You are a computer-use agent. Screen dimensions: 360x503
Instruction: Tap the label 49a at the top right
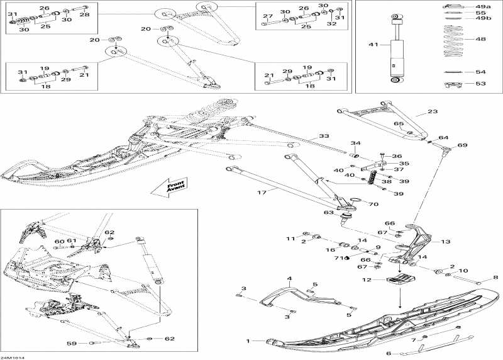click(483, 6)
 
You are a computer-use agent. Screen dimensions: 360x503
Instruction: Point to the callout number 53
click(480, 83)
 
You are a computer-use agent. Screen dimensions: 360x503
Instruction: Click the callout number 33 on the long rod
click(323, 136)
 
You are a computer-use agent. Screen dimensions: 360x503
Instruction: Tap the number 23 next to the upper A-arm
click(432, 111)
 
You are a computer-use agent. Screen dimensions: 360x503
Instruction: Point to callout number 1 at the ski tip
click(248, 341)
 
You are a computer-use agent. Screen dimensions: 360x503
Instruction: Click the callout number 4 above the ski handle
click(290, 278)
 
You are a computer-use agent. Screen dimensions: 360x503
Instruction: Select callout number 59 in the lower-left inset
click(72, 343)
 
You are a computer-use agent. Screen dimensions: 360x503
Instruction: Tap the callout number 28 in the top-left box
click(84, 14)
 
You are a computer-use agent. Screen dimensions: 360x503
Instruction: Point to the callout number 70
click(373, 204)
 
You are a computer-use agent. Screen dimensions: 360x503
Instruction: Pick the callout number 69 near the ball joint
click(462, 145)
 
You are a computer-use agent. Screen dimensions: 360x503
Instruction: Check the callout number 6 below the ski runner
click(388, 354)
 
